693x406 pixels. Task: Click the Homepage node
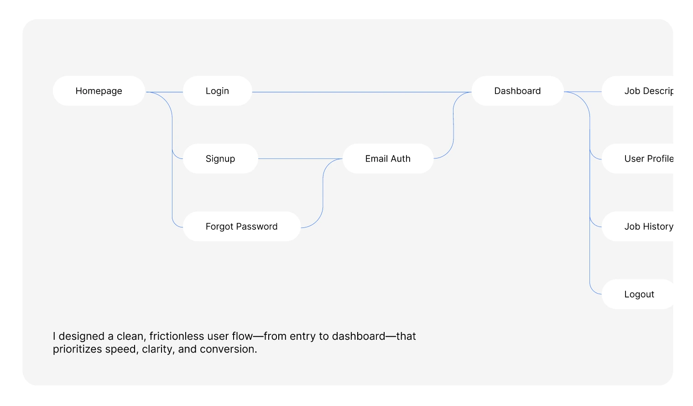[x=99, y=91]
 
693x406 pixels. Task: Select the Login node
[x=218, y=91]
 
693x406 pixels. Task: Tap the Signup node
[x=221, y=158]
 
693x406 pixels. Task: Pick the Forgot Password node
[x=242, y=227]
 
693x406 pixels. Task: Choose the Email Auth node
[x=388, y=158]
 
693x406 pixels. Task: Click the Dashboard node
[x=518, y=91]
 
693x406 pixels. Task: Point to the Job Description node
[x=637, y=91]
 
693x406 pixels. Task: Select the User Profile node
[x=637, y=158]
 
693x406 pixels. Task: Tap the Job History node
[x=637, y=227]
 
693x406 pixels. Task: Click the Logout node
[x=637, y=294]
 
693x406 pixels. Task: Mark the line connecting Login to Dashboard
[x=362, y=92]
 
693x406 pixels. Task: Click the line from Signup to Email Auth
[x=300, y=159]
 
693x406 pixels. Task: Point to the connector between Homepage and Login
[x=164, y=92]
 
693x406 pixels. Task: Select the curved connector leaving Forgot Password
[x=323, y=192]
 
